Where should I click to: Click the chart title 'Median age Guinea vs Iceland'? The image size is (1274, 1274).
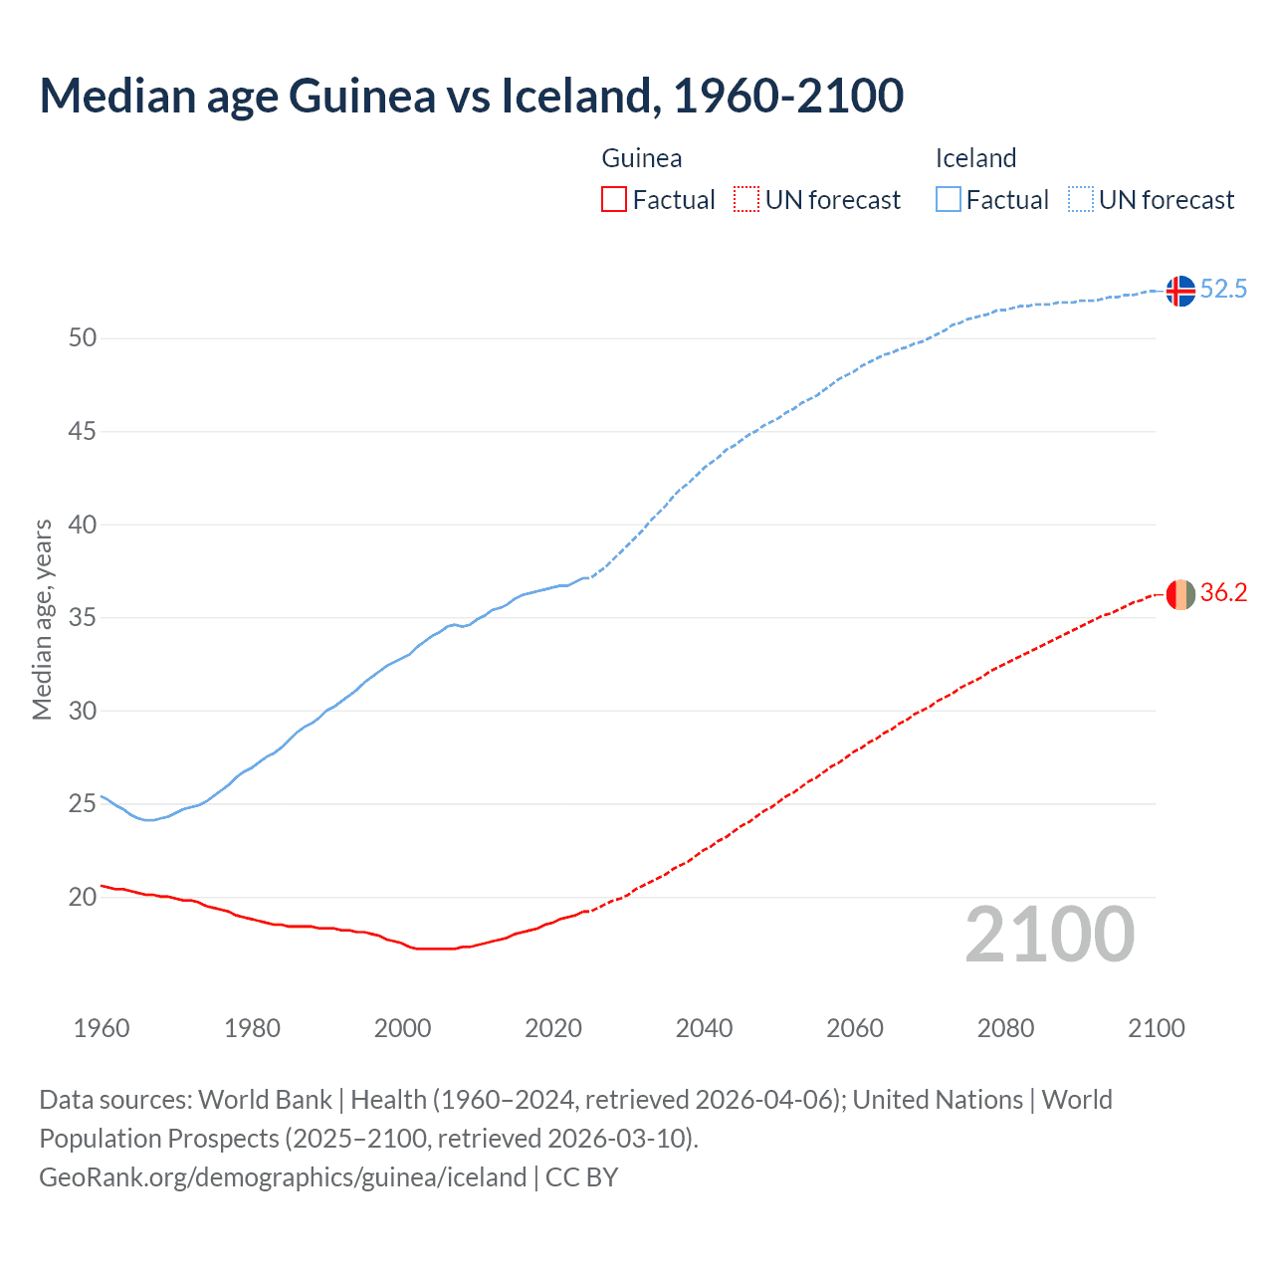(471, 96)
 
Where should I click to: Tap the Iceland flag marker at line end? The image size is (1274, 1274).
(1180, 291)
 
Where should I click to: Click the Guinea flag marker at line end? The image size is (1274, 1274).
(1180, 594)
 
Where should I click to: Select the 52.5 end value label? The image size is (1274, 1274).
(1223, 290)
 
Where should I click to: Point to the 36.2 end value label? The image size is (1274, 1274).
(1223, 593)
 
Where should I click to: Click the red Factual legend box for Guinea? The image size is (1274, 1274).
(614, 200)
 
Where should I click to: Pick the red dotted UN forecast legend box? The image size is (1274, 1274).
(746, 200)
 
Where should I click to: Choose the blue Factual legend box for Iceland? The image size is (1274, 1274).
(948, 200)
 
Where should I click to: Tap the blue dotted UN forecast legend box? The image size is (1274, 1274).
(1080, 200)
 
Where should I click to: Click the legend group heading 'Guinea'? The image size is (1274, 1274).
(642, 158)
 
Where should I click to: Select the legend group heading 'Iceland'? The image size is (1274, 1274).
(975, 158)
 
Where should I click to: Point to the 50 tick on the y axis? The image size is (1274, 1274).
(83, 338)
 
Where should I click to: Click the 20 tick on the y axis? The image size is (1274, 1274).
(83, 897)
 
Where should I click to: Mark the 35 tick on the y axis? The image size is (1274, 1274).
(83, 618)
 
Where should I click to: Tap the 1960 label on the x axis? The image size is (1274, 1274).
(102, 1028)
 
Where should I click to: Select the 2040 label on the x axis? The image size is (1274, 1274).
(704, 1028)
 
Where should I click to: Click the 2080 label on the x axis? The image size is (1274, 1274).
(1005, 1028)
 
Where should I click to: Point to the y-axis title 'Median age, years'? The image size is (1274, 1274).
(42, 619)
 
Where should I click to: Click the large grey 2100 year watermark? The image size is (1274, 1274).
(1049, 935)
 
